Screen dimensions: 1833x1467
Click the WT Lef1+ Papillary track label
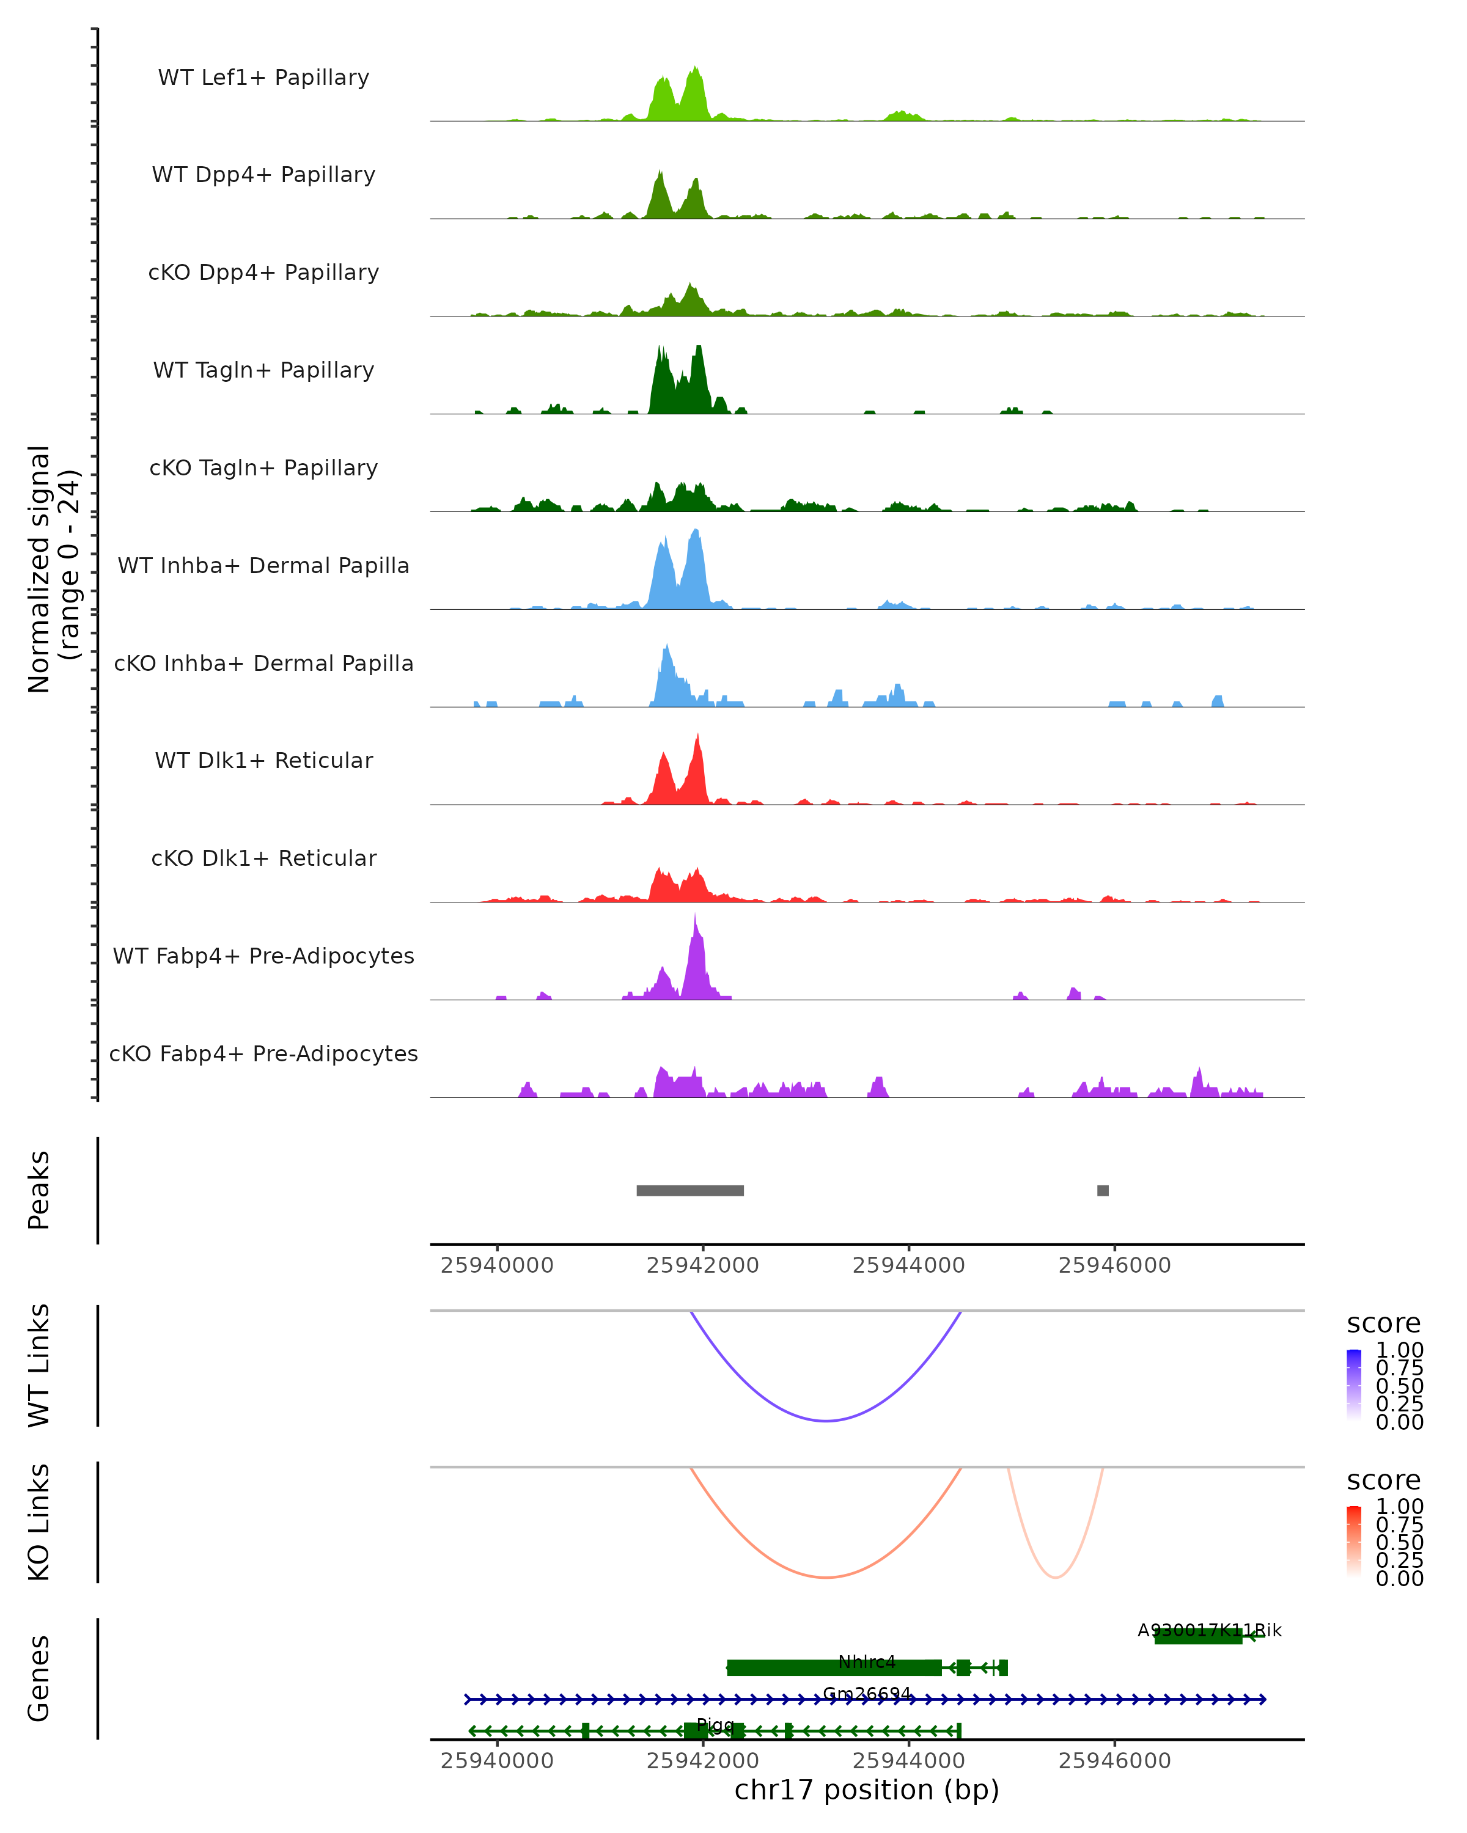point(263,78)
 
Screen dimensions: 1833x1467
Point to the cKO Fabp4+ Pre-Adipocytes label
point(263,1053)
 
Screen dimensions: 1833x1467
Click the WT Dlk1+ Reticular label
point(263,760)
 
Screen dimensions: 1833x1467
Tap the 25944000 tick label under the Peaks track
point(908,1265)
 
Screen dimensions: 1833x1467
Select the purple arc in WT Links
point(825,1421)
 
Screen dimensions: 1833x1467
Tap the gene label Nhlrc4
point(867,1661)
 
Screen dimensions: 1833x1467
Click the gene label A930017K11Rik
point(1209,1630)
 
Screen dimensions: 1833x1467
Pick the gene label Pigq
point(715,1724)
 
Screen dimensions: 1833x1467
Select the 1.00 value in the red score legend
point(1399,1507)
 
